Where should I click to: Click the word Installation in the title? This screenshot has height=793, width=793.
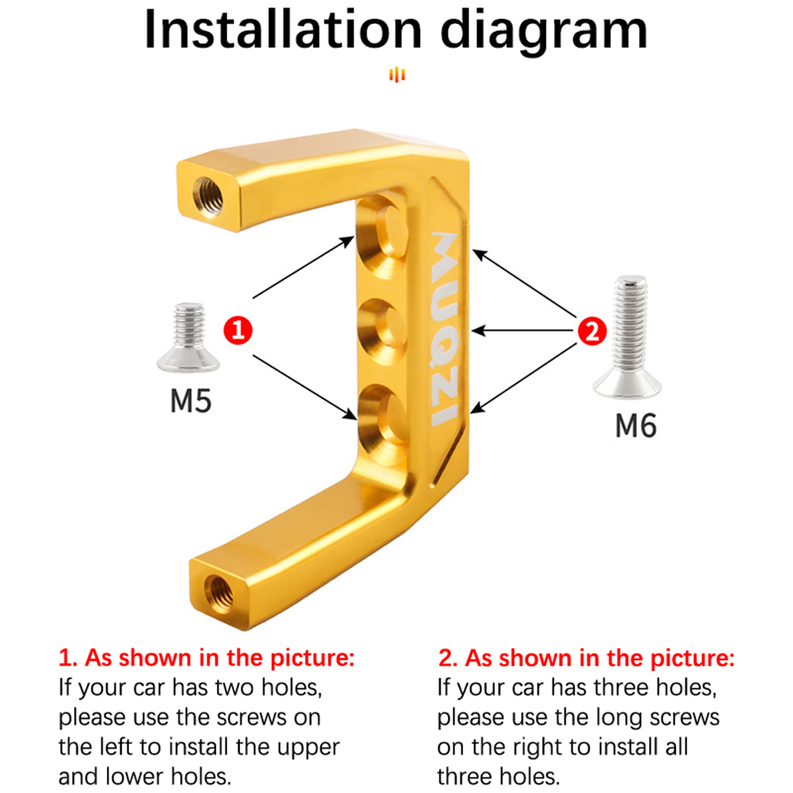click(283, 30)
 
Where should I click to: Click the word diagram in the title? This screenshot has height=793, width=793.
click(544, 34)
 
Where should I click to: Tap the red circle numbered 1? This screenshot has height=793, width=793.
click(237, 331)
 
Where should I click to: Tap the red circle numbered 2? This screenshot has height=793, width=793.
click(592, 332)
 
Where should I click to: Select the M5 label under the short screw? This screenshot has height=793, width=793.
click(191, 401)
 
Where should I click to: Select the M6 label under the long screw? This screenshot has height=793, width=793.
click(636, 425)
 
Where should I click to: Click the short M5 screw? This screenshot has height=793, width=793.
click(188, 337)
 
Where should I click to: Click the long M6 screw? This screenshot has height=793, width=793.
click(628, 337)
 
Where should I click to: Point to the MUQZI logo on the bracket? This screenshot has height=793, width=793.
click(445, 329)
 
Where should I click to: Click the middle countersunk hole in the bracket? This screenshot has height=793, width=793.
click(382, 332)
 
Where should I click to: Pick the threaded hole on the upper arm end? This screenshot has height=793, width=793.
click(208, 196)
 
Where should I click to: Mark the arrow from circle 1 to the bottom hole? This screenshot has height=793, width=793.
click(305, 387)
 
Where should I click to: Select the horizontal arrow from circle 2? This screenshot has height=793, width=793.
click(523, 332)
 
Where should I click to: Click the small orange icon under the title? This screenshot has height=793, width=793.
click(397, 74)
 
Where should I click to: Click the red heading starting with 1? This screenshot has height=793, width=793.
click(207, 658)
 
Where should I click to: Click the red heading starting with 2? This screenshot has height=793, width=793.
click(586, 658)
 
